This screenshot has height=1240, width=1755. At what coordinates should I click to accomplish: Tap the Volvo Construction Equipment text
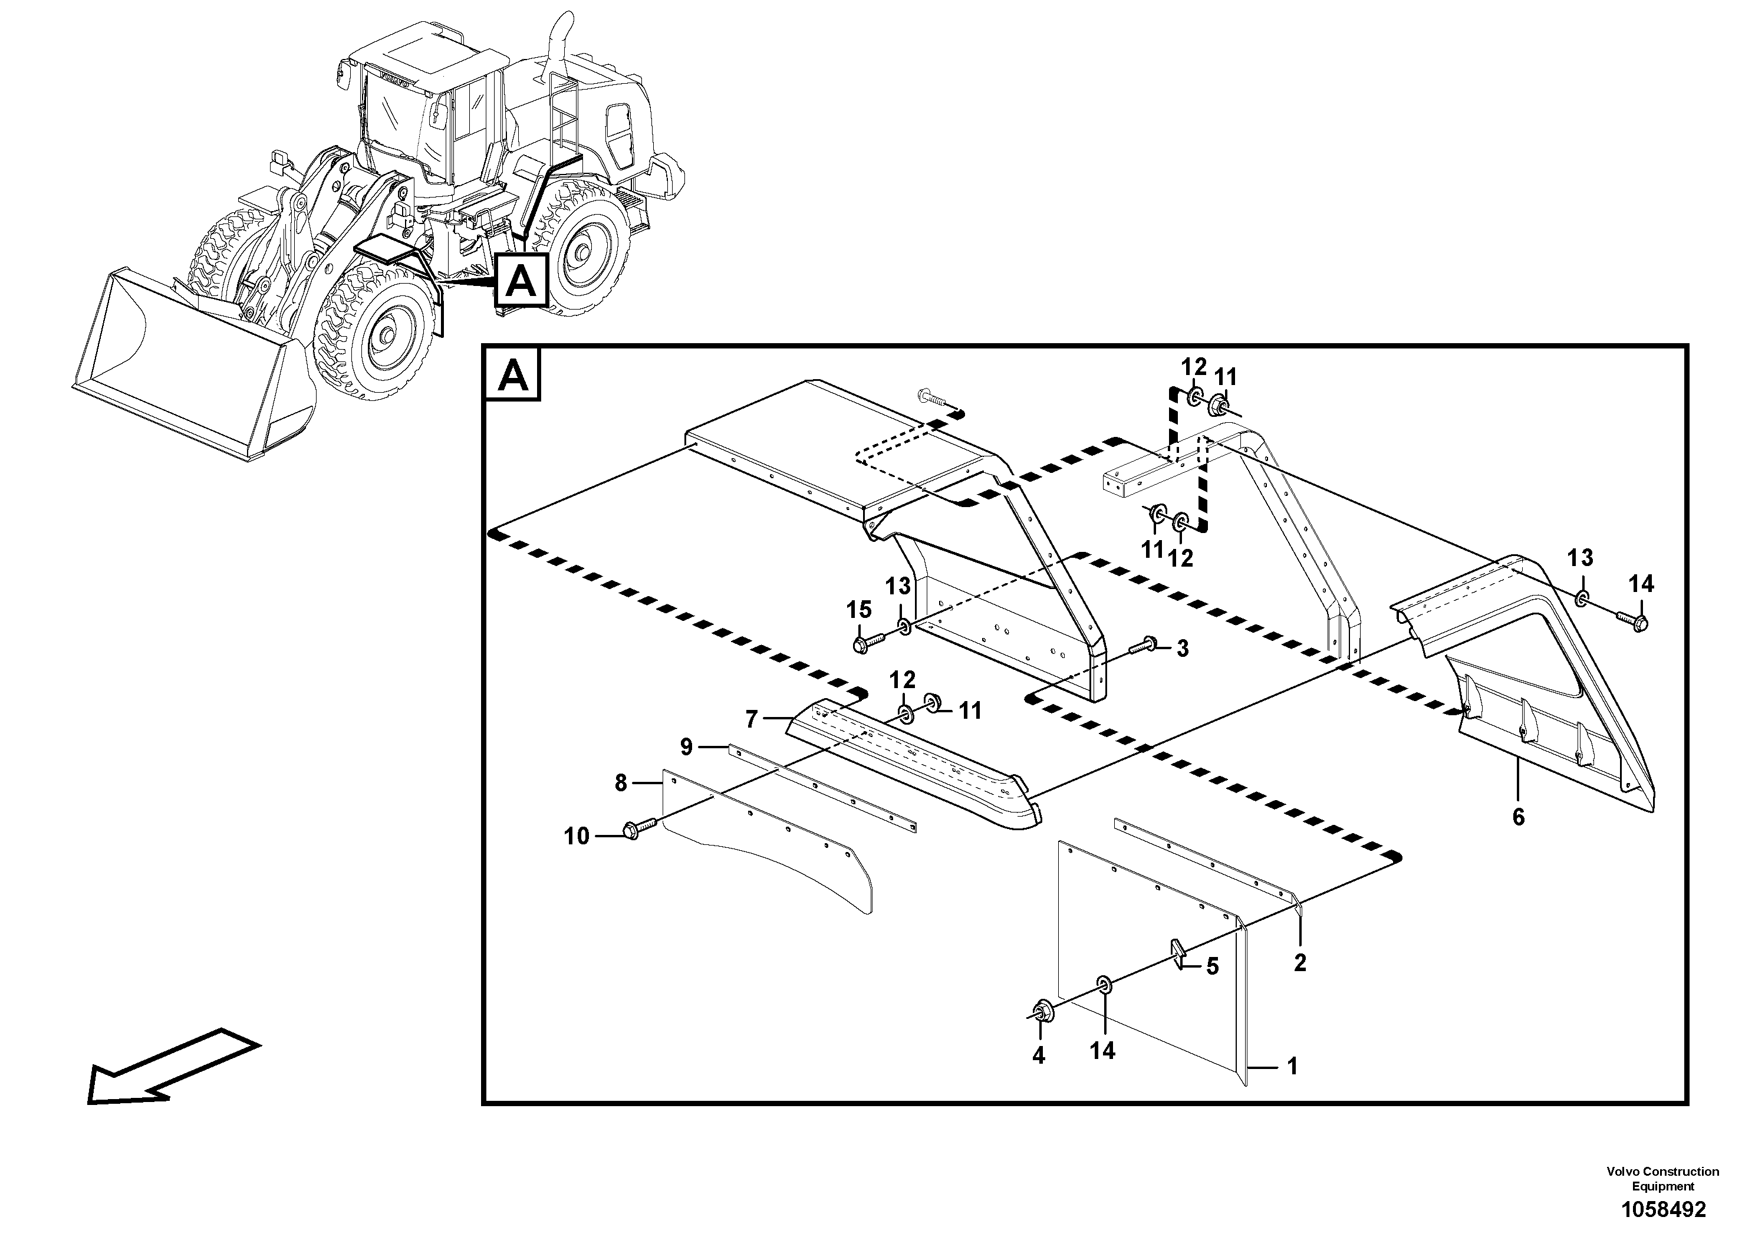coord(1662,1178)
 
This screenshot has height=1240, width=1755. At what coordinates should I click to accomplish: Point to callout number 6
coord(1518,817)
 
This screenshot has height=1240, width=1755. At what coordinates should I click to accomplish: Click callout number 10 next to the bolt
coord(577,836)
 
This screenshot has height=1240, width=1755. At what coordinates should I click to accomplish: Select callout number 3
coord(1182,649)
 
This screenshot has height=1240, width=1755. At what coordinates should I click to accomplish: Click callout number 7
coord(752,719)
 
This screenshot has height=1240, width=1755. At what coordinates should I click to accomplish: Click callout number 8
coord(621,783)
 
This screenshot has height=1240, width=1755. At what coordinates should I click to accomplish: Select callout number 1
coord(1293,1065)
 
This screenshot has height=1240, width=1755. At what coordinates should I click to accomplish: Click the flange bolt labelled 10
coord(638,828)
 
